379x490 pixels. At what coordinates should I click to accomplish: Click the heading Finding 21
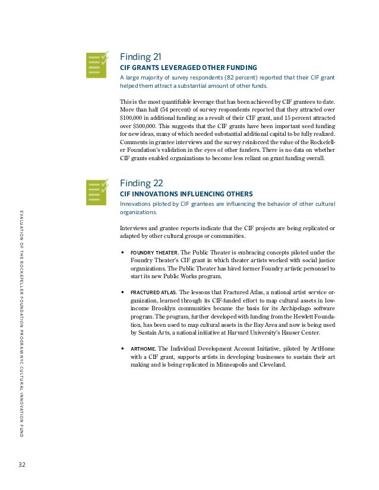coord(140,57)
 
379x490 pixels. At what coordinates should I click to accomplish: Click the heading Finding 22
coord(141,183)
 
